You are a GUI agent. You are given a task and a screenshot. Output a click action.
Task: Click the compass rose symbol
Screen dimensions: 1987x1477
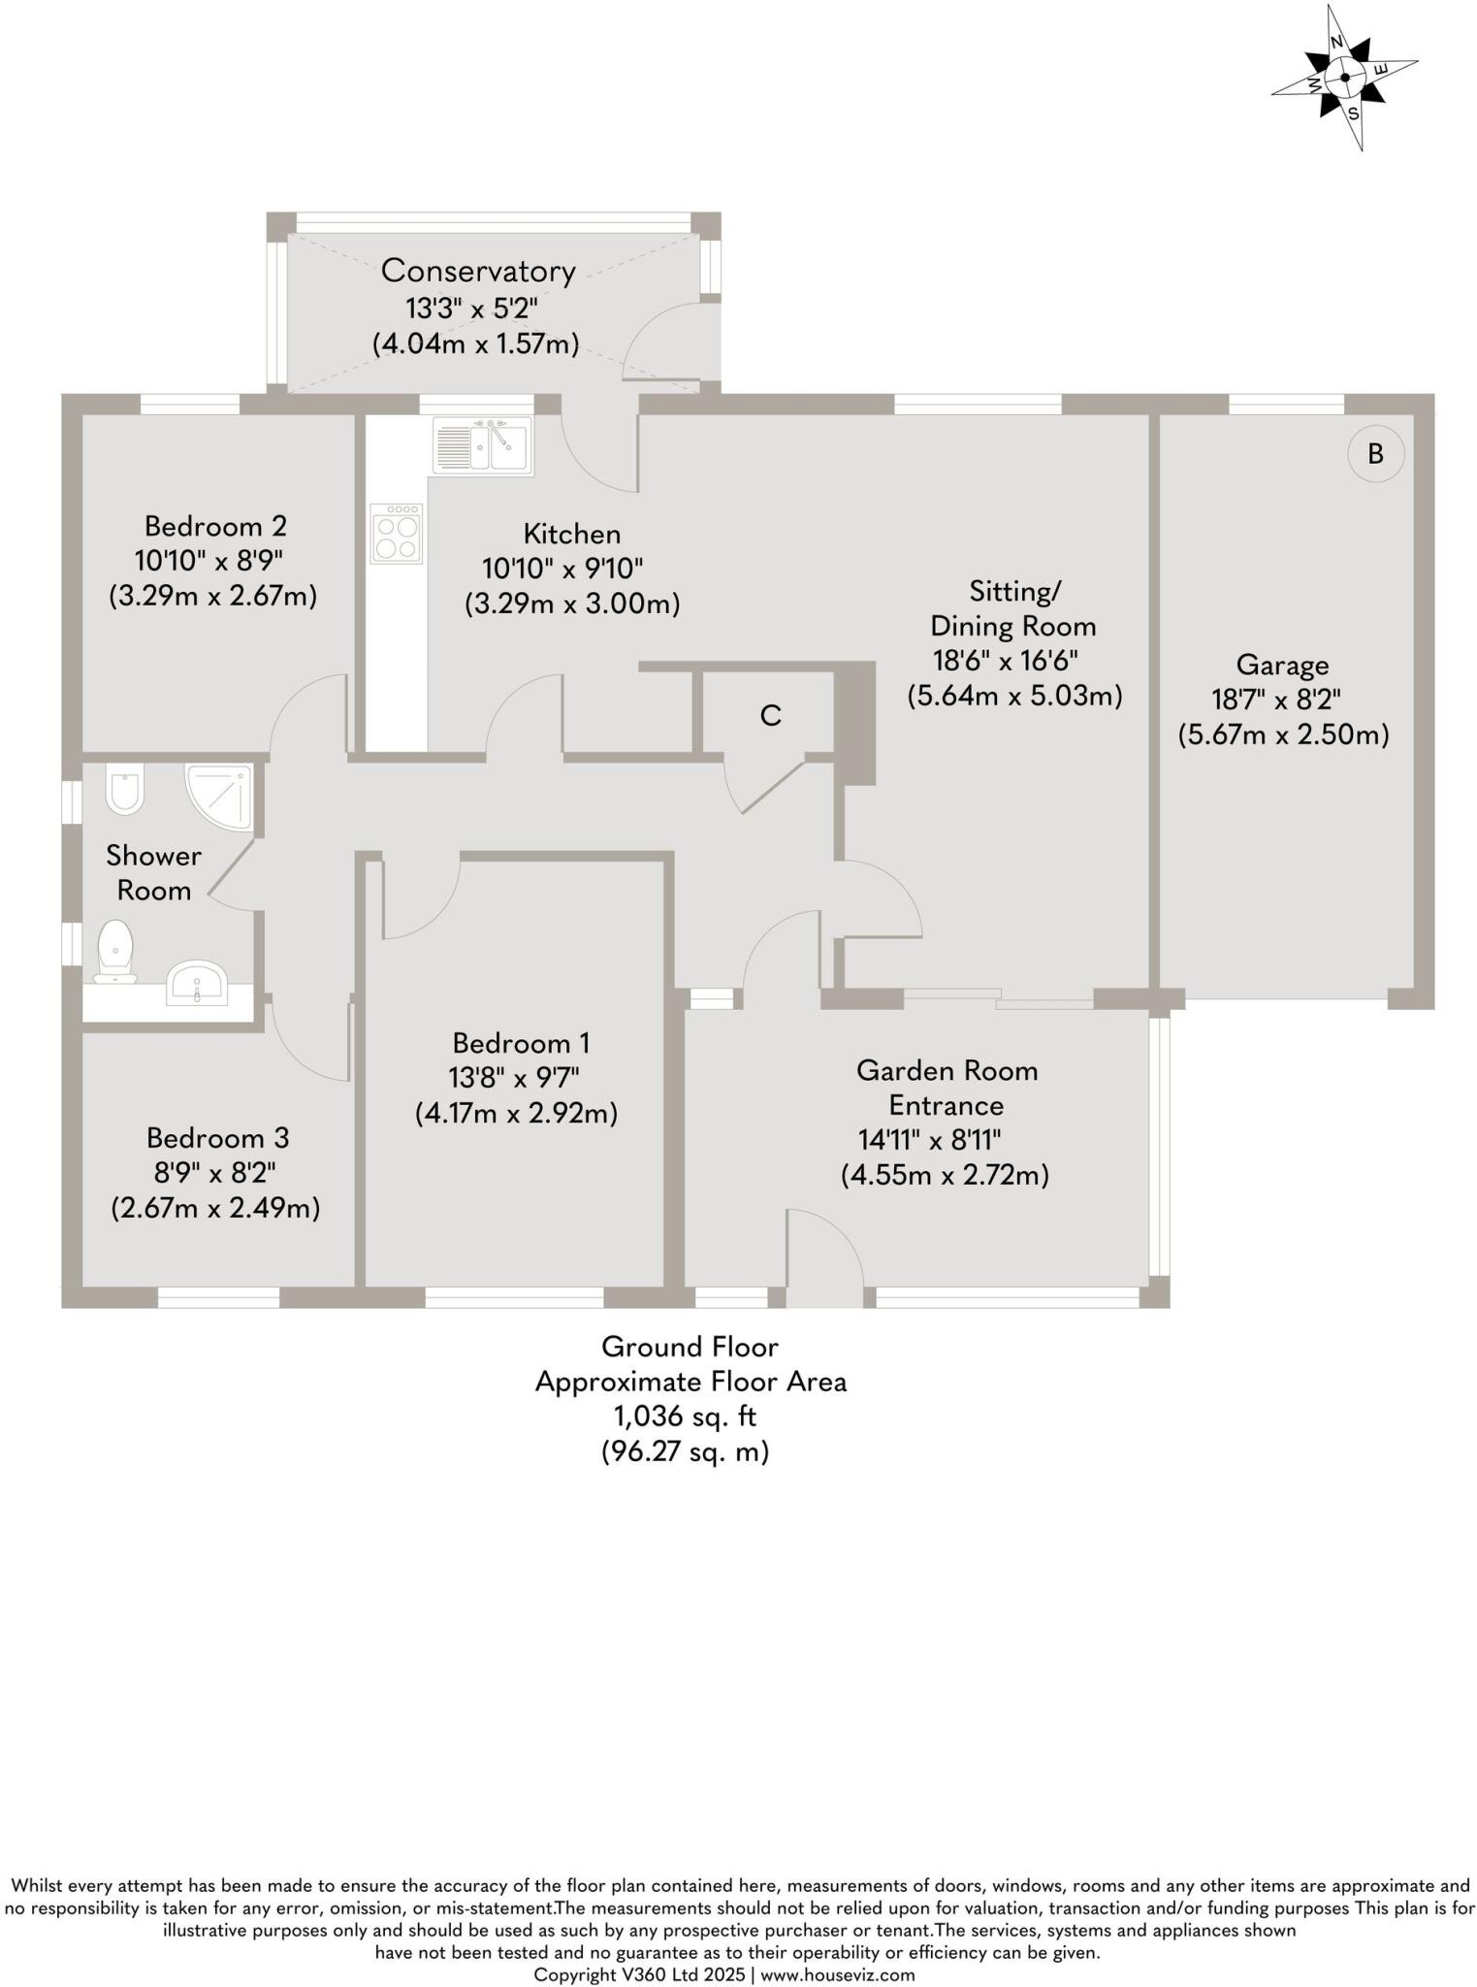(x=1344, y=78)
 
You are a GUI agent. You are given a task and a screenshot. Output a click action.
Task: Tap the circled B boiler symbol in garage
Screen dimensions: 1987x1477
(x=1375, y=453)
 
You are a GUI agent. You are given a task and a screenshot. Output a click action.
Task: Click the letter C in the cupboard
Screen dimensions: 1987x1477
(x=770, y=716)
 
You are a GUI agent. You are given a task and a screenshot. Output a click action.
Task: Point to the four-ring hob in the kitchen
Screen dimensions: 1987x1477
(x=396, y=534)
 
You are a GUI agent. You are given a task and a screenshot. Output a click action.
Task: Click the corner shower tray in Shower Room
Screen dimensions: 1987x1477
(x=221, y=797)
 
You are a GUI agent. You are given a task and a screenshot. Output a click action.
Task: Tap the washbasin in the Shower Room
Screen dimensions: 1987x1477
(x=198, y=982)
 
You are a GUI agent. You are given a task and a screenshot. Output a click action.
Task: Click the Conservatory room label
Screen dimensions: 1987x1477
(x=478, y=271)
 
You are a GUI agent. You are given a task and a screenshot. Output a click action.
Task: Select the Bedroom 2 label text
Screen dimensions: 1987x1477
(x=215, y=526)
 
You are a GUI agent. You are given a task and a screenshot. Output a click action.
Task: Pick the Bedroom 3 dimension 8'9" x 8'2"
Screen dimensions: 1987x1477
(x=215, y=1172)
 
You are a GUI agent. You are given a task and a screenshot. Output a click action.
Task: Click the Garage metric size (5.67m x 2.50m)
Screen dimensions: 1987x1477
(x=1283, y=734)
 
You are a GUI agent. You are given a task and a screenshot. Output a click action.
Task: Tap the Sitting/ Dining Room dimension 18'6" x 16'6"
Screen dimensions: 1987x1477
(x=1005, y=661)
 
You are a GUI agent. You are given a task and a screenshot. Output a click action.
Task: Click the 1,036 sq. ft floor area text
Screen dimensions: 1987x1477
(x=685, y=1417)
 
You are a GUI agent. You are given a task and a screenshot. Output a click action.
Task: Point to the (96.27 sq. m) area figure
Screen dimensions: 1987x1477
(x=685, y=1451)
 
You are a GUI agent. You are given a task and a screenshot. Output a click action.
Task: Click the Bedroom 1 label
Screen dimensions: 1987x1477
(x=521, y=1043)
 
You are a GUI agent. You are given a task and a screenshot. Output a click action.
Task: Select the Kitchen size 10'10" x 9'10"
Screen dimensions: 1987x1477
(x=562, y=569)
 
